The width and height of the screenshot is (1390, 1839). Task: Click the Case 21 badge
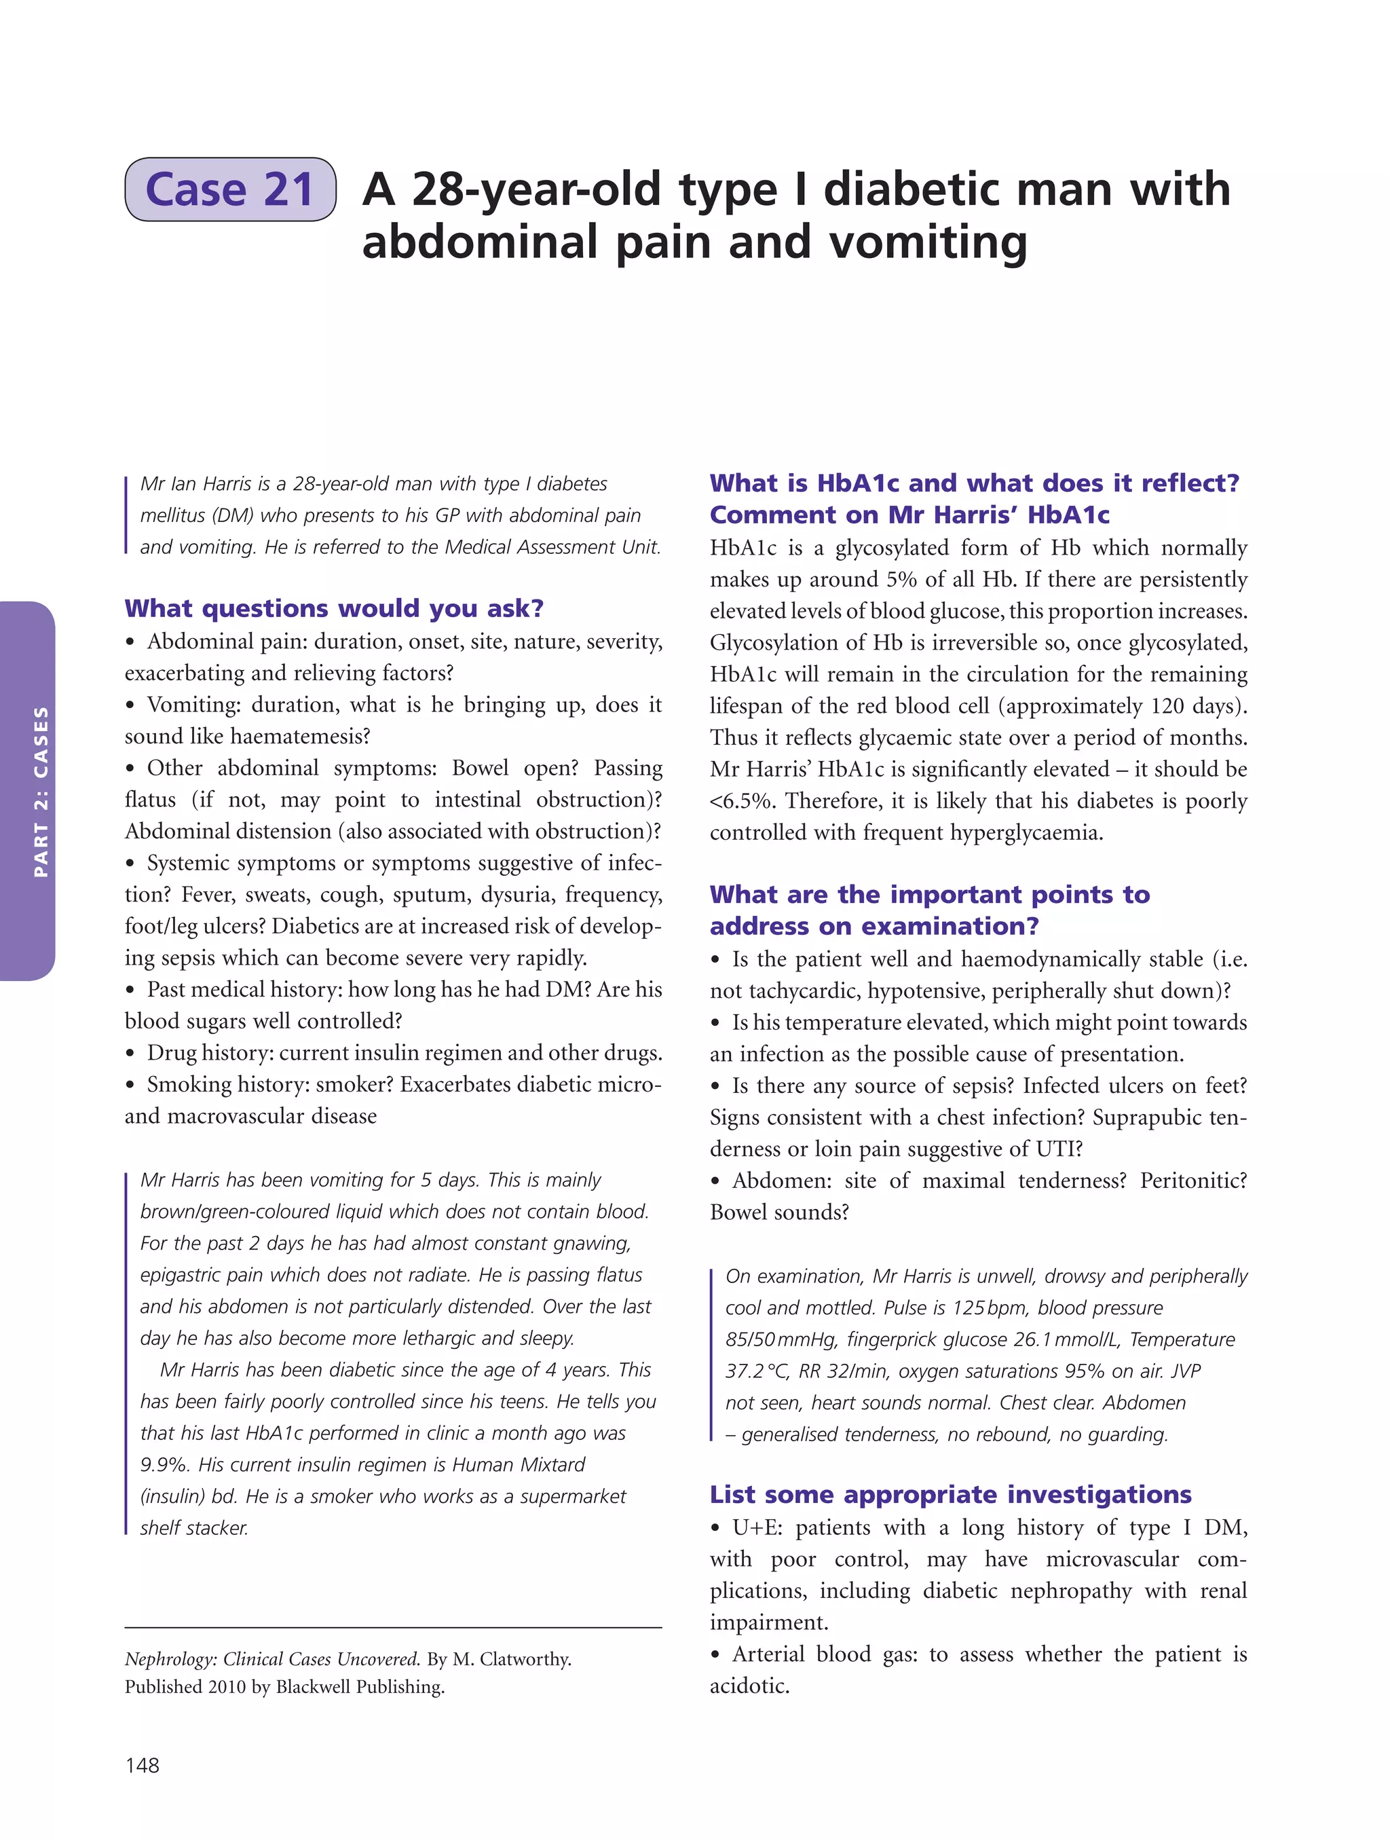230,189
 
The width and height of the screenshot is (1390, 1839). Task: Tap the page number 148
142,1764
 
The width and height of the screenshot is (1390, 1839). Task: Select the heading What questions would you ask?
334,608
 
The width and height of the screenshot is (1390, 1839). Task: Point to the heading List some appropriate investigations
950,1494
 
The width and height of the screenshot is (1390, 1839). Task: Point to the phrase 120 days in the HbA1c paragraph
1194,706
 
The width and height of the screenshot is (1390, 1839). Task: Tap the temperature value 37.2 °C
757,1371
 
